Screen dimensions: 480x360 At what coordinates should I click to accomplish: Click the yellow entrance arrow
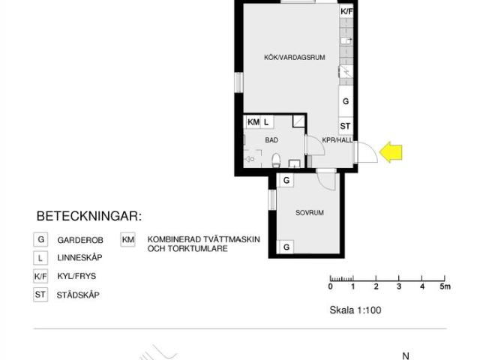391,151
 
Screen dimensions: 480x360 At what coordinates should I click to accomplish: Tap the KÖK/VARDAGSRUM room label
295,58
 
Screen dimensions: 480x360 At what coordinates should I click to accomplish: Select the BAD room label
271,140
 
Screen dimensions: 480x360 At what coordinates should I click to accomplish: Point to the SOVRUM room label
310,213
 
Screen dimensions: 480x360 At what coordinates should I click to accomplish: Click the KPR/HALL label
337,140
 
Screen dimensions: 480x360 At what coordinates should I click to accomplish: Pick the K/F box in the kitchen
346,12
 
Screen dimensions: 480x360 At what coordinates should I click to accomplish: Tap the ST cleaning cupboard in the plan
346,126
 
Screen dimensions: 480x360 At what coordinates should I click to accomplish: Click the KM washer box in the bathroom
253,122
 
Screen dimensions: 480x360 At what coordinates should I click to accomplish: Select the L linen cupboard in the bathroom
267,122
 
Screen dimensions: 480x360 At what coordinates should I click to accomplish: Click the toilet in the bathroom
276,160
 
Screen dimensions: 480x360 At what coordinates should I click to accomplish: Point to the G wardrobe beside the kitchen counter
346,101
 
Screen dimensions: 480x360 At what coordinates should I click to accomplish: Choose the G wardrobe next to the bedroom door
286,180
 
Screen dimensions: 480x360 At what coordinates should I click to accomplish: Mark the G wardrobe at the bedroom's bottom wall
286,247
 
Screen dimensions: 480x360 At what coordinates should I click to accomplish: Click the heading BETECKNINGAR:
89,216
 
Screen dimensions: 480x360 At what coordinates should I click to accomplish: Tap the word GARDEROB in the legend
80,240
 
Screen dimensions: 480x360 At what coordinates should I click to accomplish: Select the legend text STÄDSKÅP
78,295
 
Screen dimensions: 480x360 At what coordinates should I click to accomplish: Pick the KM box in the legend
128,239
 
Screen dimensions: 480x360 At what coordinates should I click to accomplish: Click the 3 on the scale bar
399,286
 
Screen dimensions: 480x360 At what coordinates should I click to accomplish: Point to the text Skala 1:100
355,310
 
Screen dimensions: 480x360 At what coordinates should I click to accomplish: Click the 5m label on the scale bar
445,286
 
